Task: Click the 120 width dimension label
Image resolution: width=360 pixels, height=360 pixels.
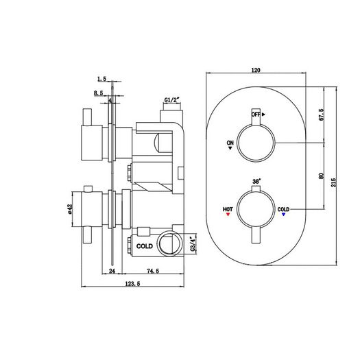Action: (256, 70)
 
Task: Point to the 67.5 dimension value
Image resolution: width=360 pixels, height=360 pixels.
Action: (321, 115)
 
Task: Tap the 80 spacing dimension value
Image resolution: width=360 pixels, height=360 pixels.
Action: (322, 176)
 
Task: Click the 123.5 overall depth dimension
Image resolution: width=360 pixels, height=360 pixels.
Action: (132, 284)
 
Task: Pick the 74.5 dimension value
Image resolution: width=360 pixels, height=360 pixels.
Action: (153, 271)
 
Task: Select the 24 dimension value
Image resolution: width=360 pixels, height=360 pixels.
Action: (112, 271)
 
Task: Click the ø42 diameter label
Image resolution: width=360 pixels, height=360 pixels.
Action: (70, 209)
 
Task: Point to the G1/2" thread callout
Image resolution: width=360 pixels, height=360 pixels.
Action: (171, 100)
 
